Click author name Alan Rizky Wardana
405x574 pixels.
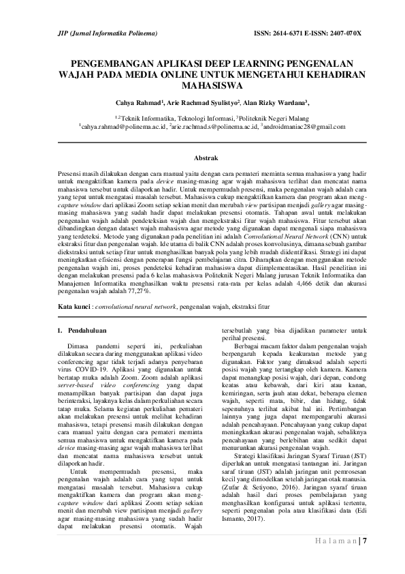coord(276,103)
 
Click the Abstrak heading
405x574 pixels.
coord(205,157)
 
